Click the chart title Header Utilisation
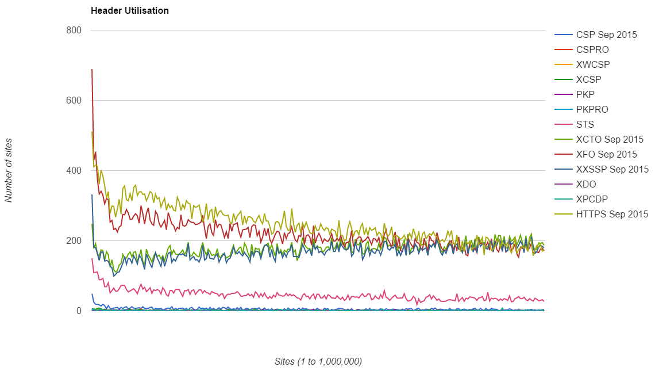(129, 10)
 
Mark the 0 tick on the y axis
(79, 311)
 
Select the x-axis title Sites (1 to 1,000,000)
(318, 361)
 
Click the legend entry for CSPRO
(592, 49)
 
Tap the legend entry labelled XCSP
(589, 79)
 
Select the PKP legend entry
(585, 94)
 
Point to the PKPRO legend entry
(592, 109)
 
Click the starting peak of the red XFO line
(92, 70)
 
